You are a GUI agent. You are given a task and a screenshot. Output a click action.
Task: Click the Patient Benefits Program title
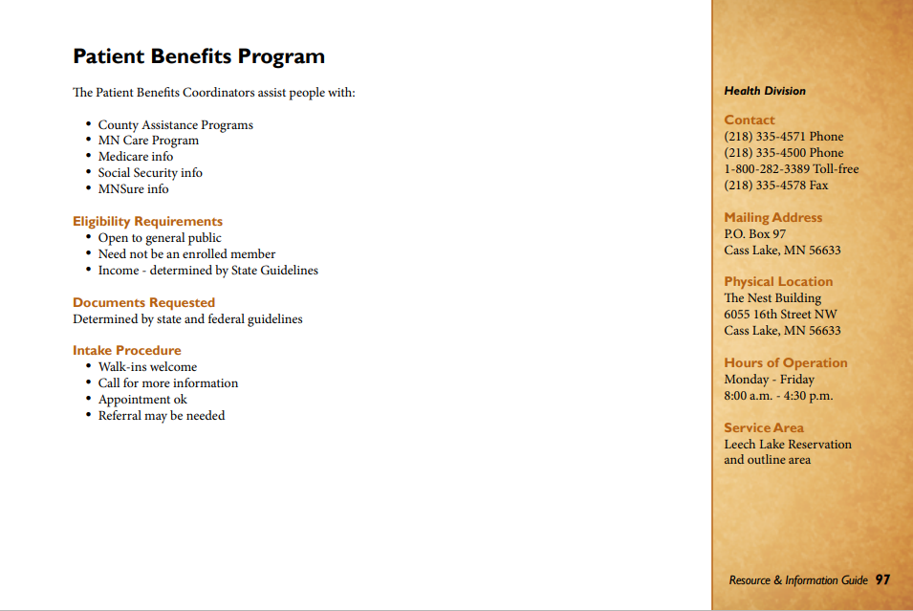coord(199,56)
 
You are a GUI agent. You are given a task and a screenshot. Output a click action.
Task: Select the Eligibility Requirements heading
coord(147,222)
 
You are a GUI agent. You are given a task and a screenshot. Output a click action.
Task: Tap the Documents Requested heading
coord(143,303)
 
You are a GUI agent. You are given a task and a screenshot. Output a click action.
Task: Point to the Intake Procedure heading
coord(126,351)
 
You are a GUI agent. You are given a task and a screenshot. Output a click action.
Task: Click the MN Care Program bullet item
coord(148,141)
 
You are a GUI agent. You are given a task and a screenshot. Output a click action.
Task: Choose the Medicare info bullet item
coord(136,157)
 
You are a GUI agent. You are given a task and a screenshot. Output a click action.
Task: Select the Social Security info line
coord(150,173)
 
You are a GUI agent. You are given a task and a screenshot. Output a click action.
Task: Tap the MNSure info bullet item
coord(133,189)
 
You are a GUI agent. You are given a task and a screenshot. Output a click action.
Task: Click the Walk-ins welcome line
coord(147,367)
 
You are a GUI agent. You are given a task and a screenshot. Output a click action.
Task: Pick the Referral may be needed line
coord(162,416)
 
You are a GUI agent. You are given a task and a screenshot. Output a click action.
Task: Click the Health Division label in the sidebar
coord(765,91)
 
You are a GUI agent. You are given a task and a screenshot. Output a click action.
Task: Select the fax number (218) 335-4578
coord(775,185)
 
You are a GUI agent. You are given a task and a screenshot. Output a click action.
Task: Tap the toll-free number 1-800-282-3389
coord(791,169)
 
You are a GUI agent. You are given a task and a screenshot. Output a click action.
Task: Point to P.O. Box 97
coord(754,234)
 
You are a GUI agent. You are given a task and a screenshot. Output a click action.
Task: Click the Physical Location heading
coord(778,282)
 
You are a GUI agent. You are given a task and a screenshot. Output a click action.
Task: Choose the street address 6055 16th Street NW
coord(780,315)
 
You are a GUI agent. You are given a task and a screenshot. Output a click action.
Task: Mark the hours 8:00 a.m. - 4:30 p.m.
coord(778,396)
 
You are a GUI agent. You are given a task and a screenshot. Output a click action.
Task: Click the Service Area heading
coord(764,428)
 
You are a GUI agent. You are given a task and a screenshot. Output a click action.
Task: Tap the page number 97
coord(882,579)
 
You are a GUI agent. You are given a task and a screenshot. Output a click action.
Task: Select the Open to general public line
coord(160,238)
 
